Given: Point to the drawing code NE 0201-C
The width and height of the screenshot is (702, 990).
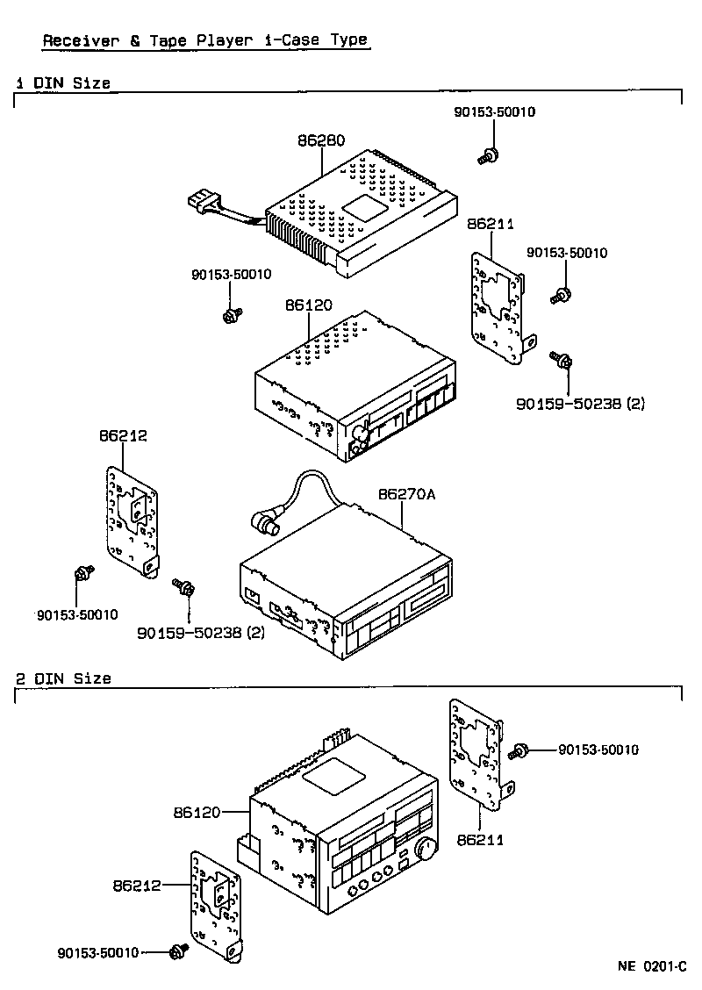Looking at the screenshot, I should pyautogui.click(x=651, y=966).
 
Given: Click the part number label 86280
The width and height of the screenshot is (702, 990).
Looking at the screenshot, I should pyautogui.click(x=320, y=140).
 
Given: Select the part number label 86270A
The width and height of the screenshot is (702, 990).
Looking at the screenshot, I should pyautogui.click(x=406, y=494).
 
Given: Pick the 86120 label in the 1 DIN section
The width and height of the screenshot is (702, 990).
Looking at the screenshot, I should pyautogui.click(x=308, y=305).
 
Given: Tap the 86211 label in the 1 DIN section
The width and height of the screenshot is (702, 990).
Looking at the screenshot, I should pyautogui.click(x=491, y=226).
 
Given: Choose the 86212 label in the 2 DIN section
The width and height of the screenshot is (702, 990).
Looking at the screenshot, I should pyautogui.click(x=137, y=885).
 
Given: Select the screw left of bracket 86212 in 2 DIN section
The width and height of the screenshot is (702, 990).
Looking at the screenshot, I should pyautogui.click(x=179, y=951).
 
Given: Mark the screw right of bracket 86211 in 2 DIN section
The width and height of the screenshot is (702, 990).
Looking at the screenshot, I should pyautogui.click(x=519, y=750).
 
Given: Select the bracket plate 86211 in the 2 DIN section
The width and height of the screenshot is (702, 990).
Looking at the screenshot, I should pyautogui.click(x=476, y=755).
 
